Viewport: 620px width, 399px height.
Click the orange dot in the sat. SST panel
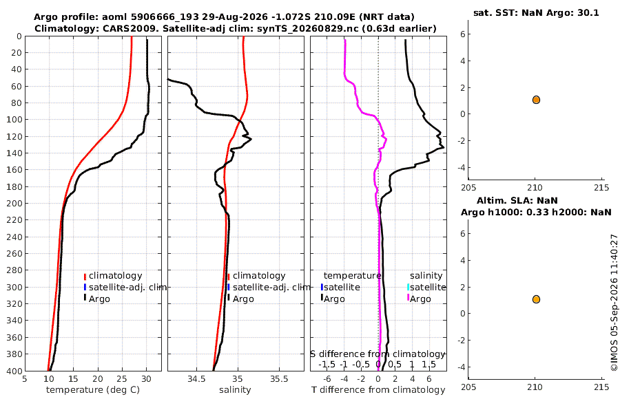[536, 100]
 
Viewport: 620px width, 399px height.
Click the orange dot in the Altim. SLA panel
[536, 299]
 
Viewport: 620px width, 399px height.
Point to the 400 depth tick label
[15, 371]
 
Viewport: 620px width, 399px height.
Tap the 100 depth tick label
[15, 119]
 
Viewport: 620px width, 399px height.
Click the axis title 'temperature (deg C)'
[93, 390]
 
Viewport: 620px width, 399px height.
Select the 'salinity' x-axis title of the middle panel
[235, 390]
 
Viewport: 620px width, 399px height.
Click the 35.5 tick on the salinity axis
[279, 379]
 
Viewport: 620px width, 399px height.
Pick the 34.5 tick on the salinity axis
[196, 379]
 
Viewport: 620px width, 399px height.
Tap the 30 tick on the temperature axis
[146, 379]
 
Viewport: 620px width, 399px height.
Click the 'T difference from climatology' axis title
[378, 390]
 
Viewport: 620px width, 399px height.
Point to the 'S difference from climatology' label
[378, 354]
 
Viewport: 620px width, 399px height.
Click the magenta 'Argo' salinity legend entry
[419, 299]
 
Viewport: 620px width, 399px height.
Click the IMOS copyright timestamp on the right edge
[614, 303]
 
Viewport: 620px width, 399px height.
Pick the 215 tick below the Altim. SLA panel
[601, 387]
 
